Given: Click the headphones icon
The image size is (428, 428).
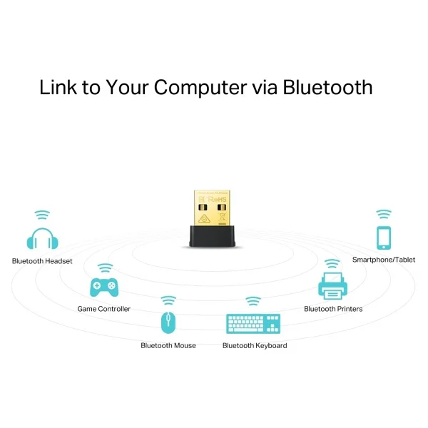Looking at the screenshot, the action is [42, 238].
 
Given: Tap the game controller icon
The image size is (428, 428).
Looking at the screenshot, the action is [104, 287].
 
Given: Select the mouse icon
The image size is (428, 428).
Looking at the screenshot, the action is [168, 322].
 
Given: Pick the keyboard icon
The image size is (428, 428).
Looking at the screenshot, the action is [253, 324].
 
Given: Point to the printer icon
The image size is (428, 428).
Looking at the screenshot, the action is [332, 286].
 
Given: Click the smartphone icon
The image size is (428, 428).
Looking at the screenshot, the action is [384, 238].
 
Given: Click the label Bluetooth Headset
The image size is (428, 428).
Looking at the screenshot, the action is [42, 261].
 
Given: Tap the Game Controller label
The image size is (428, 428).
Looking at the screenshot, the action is [104, 309].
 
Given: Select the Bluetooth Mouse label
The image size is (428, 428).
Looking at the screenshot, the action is [168, 345].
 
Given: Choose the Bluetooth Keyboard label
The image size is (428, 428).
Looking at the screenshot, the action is [255, 346].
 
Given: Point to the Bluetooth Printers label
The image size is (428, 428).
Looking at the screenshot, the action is [333, 309].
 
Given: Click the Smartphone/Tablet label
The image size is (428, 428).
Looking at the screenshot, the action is [384, 260].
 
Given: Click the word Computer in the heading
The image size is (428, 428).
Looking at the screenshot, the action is [200, 88].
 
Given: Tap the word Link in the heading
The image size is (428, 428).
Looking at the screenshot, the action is [58, 87].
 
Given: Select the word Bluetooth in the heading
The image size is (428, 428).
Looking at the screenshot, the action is [327, 87].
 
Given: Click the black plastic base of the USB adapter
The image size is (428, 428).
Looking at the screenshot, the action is [212, 236].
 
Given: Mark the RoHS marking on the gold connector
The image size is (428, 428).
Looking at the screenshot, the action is [218, 199].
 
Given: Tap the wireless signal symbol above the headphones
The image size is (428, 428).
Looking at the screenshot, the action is [42, 215].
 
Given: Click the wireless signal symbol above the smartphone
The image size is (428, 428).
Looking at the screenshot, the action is [384, 214].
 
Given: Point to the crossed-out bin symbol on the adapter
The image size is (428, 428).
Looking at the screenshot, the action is [222, 218].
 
